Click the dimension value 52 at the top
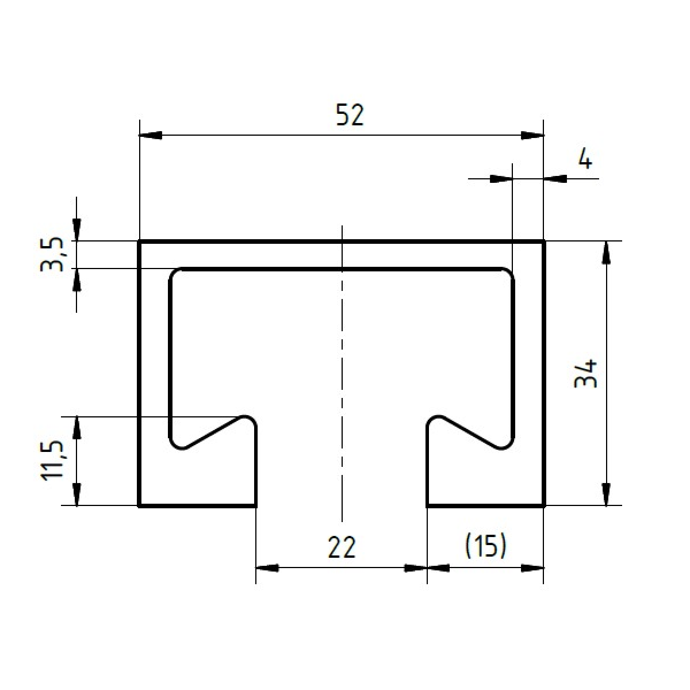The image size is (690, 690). [x=350, y=116]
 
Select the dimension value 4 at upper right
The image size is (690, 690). [x=585, y=158]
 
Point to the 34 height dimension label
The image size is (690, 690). [x=586, y=374]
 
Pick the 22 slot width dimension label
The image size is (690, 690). [x=342, y=547]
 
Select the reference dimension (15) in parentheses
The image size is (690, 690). [x=485, y=546]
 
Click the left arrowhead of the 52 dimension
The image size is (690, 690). [x=151, y=136]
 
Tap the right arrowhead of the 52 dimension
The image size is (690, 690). [x=532, y=136]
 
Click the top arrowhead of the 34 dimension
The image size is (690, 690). [x=605, y=252]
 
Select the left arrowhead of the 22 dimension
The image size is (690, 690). [x=267, y=568]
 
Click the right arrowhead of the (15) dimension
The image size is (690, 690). [x=532, y=568]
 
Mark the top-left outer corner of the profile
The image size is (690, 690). [x=140, y=242]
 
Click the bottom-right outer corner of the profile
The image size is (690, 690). [x=543, y=506]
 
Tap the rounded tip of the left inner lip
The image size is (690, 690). [x=247, y=418]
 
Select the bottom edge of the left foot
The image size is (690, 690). [x=197, y=506]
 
